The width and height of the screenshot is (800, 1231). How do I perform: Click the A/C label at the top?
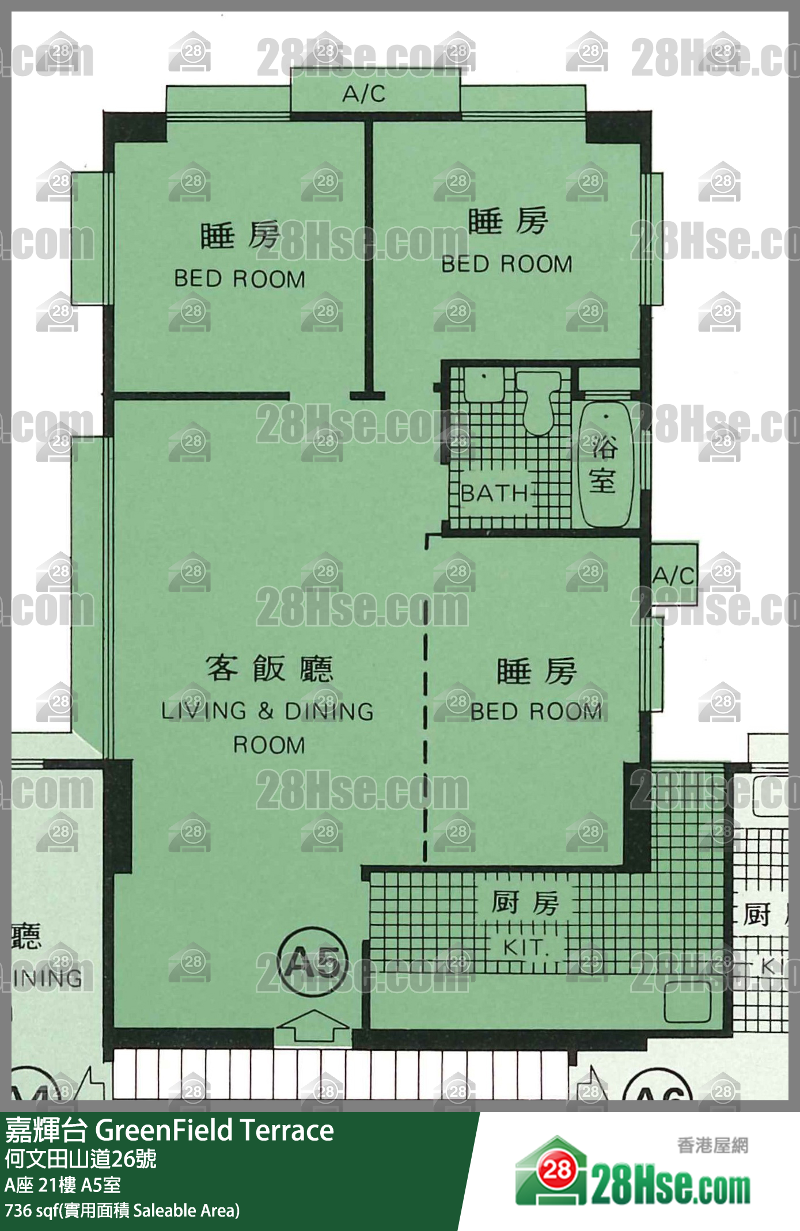[x=364, y=94]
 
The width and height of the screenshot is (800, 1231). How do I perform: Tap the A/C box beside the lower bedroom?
[x=673, y=574]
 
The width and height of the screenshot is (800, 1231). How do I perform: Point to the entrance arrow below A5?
[x=313, y=1025]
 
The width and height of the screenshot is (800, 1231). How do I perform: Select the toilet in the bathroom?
[x=538, y=401]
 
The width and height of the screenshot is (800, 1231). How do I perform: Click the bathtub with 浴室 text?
[x=604, y=465]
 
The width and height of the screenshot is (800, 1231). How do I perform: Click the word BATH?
[x=495, y=493]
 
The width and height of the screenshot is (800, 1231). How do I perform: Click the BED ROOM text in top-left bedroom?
[x=240, y=279]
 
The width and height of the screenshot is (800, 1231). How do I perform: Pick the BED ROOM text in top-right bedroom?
[x=507, y=264]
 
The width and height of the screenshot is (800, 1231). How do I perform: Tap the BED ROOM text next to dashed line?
[x=536, y=712]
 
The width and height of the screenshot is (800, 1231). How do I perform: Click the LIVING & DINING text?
[x=267, y=712]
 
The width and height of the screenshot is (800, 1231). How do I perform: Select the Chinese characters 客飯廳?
[x=270, y=668]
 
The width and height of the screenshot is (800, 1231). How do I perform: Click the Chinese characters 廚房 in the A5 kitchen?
[x=525, y=902]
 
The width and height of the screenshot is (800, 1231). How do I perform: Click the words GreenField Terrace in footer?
[x=214, y=1130]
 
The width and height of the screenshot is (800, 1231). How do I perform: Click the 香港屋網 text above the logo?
[x=712, y=1145]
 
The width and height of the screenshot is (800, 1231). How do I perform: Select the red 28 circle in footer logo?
[x=556, y=1169]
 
